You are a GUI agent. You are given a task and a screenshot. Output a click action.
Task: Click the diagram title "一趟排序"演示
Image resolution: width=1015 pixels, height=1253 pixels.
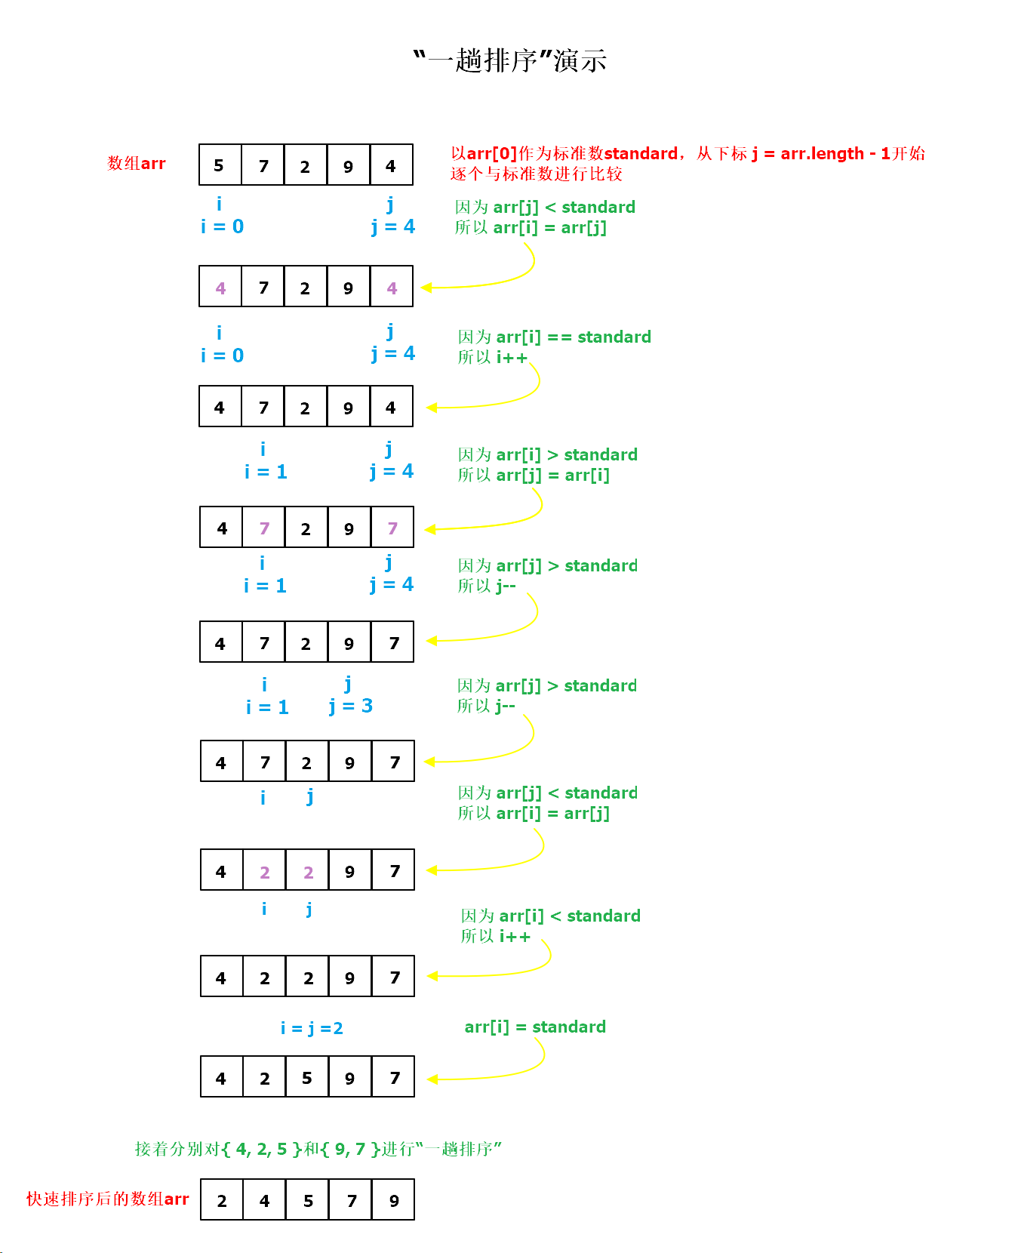click(510, 60)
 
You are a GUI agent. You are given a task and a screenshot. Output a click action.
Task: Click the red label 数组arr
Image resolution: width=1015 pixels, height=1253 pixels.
click(137, 163)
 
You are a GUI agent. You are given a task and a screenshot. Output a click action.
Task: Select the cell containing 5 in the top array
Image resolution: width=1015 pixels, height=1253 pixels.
click(220, 165)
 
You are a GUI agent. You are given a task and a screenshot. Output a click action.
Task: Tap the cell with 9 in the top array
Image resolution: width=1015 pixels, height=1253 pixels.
click(348, 165)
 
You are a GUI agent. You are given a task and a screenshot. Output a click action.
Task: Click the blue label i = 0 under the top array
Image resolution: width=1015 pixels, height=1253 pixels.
click(222, 226)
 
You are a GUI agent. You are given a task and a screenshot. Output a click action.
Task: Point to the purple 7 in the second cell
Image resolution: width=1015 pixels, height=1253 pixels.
click(264, 528)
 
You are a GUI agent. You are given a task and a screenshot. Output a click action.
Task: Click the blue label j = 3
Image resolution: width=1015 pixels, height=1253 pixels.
click(351, 706)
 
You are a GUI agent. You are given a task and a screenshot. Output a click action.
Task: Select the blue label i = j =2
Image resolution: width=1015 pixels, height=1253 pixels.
click(312, 1028)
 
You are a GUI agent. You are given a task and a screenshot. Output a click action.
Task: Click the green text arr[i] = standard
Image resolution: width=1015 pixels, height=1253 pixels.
click(535, 1027)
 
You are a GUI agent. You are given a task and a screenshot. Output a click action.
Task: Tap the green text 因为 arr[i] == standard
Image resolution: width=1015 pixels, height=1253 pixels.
click(554, 337)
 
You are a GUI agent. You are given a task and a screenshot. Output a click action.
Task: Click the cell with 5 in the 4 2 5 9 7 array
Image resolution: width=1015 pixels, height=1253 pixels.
click(307, 1077)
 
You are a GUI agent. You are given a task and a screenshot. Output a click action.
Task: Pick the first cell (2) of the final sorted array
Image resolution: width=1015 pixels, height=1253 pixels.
click(222, 1200)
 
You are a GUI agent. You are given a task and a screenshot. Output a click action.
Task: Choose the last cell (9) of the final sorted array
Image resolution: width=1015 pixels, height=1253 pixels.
click(394, 1200)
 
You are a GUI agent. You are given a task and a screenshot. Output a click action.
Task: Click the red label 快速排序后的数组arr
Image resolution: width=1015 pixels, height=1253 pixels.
click(108, 1199)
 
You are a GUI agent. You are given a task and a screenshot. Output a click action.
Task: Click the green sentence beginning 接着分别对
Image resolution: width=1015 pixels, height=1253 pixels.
click(318, 1149)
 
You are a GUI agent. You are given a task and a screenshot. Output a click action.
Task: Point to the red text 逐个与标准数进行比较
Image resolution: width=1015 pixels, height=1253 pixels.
click(536, 174)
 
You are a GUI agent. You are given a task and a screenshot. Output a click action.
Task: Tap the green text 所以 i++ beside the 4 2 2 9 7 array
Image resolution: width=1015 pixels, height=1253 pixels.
click(495, 936)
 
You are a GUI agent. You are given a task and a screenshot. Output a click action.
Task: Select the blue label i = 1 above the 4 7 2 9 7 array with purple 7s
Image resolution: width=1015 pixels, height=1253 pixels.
click(266, 472)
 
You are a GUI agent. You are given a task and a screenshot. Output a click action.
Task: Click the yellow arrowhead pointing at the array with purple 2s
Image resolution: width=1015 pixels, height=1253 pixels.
click(432, 870)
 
